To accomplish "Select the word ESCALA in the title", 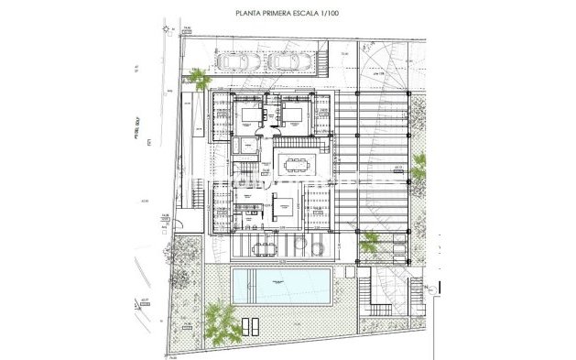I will (x=317, y=16).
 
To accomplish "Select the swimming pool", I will (x=282, y=286).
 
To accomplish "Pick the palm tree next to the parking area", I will (x=198, y=80).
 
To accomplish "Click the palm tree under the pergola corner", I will (x=370, y=242).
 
